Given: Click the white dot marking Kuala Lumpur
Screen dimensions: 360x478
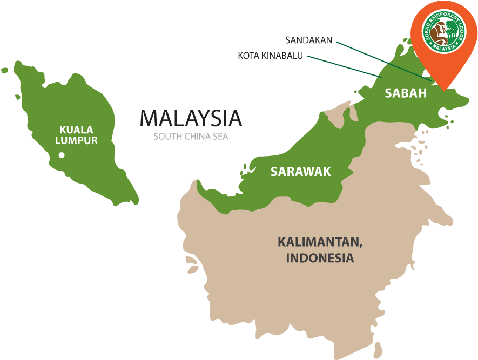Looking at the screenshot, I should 62,155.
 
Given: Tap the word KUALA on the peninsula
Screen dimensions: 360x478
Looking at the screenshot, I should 76,130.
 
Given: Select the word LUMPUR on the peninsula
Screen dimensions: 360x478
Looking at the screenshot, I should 76,141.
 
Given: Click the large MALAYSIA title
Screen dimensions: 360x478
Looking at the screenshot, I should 191,118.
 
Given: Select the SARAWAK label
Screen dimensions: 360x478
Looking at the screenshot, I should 301,172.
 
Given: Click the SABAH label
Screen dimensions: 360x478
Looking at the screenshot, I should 406,93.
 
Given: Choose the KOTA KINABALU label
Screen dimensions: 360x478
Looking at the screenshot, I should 270,56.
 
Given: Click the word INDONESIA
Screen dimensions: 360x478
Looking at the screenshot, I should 320,258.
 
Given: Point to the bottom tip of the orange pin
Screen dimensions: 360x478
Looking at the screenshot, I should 444,90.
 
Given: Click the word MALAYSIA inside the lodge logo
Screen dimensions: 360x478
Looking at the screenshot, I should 444,49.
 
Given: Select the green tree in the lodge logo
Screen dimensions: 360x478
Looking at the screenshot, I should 449,29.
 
